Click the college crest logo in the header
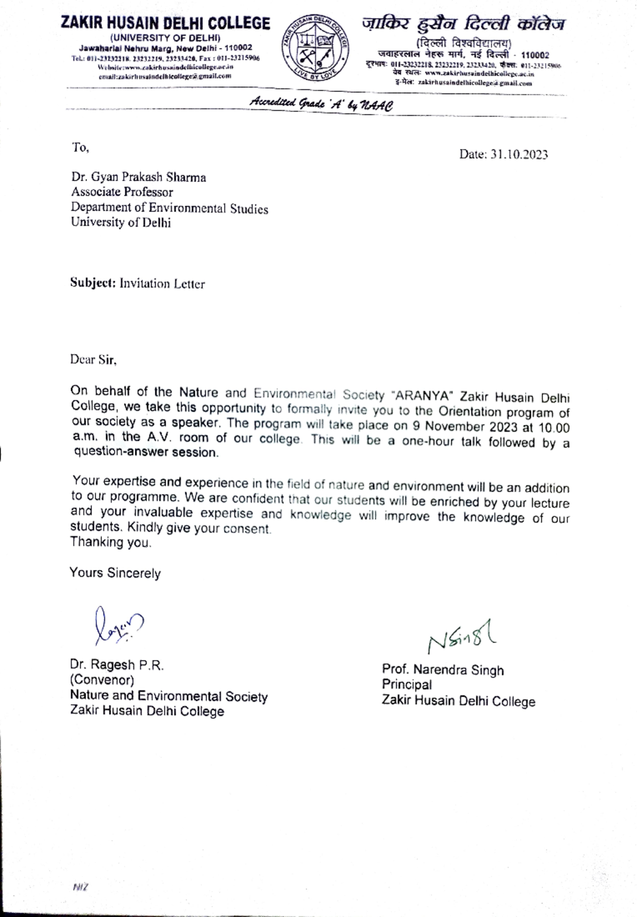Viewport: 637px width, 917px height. [x=315, y=48]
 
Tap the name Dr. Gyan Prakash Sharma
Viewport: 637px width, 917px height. [x=139, y=177]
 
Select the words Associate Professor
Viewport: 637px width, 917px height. [x=122, y=192]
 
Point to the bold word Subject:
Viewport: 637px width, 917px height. [x=93, y=283]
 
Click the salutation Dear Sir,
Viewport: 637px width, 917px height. [x=93, y=360]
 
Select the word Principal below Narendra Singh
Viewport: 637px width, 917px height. [x=407, y=685]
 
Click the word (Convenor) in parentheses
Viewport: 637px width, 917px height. [x=102, y=680]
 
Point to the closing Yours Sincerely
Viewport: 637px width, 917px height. [x=115, y=573]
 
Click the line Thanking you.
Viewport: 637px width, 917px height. [x=110, y=542]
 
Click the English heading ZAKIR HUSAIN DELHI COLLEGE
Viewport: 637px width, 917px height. [x=165, y=23]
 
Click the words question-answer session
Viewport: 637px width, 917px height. [x=145, y=453]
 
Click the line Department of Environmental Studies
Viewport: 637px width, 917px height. [x=169, y=208]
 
